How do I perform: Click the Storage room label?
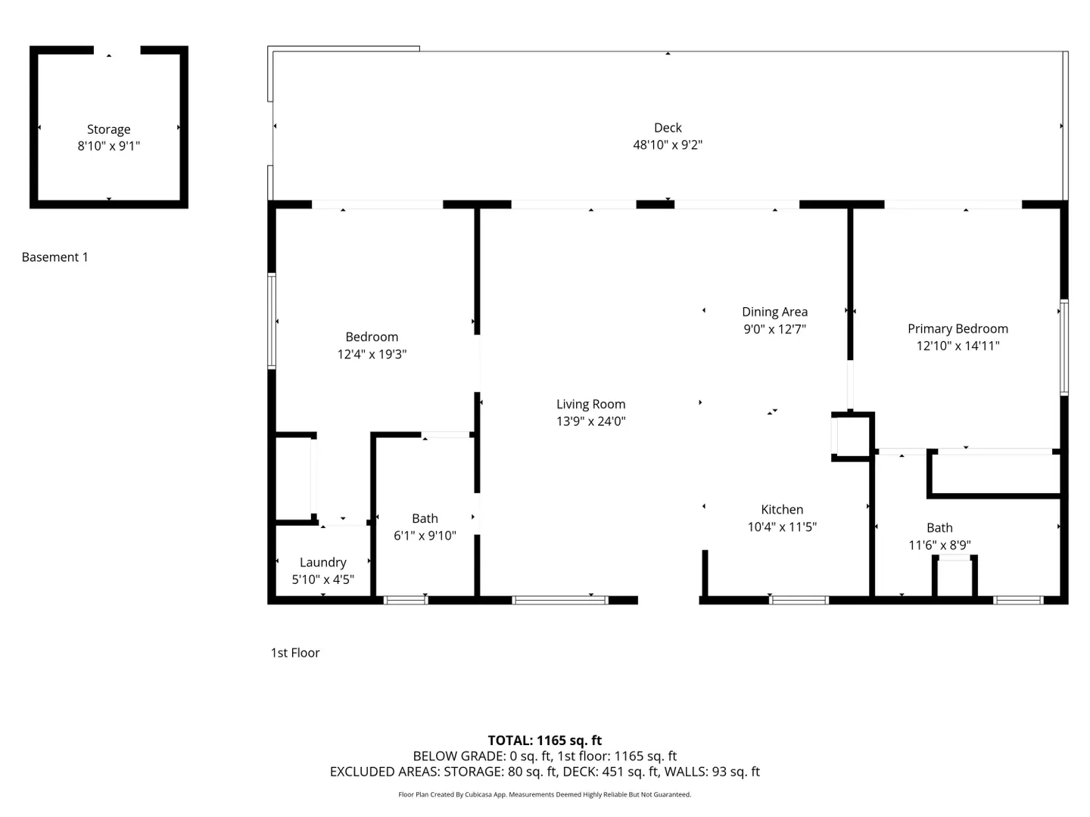click(109, 129)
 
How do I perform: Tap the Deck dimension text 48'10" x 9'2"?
click(668, 144)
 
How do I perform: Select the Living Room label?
click(590, 404)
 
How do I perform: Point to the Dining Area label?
click(774, 312)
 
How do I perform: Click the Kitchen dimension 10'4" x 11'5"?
click(782, 527)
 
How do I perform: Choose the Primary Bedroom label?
click(958, 329)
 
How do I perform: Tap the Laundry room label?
click(322, 563)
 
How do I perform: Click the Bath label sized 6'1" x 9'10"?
click(425, 518)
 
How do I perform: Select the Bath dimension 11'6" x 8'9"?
click(939, 545)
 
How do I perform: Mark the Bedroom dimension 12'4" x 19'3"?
click(372, 354)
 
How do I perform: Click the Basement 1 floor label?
click(54, 257)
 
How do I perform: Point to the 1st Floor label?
click(295, 653)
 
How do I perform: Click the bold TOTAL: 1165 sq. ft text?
click(545, 740)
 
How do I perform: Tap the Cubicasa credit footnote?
click(545, 794)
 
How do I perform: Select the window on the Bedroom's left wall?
click(272, 322)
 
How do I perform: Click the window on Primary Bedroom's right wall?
click(1064, 348)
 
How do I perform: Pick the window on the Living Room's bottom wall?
click(560, 600)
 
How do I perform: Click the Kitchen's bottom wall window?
click(799, 600)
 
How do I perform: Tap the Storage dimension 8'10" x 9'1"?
click(109, 146)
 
